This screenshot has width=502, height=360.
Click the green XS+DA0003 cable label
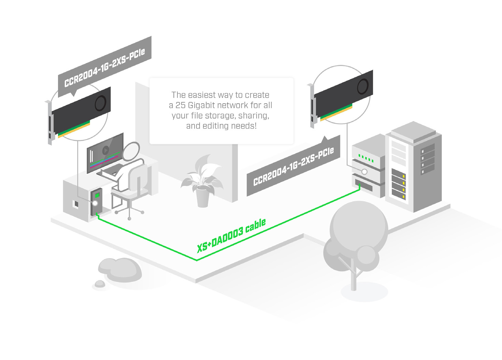(x=231, y=235)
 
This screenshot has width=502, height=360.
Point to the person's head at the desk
(x=131, y=151)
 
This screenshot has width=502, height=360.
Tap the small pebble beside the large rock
(x=100, y=284)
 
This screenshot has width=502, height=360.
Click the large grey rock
(x=121, y=269)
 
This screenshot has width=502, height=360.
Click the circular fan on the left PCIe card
(x=100, y=103)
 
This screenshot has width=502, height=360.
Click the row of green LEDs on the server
(x=366, y=158)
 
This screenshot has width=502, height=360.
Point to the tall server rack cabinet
(x=414, y=167)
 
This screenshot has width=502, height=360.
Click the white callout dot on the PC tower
(x=95, y=203)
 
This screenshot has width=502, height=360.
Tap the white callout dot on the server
(x=364, y=172)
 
